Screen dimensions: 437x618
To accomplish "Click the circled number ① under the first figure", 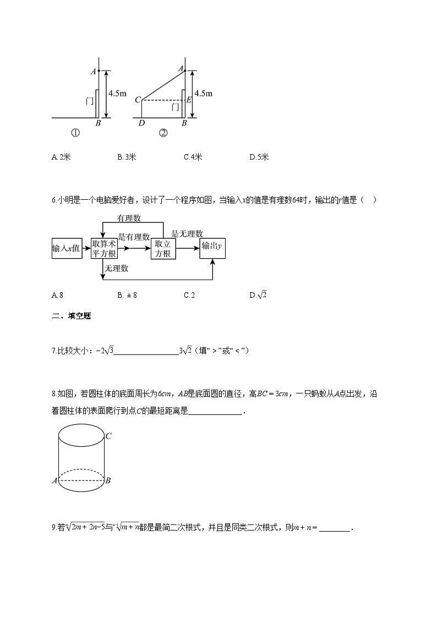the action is pos(75,133).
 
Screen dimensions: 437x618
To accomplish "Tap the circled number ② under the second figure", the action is pos(163,133).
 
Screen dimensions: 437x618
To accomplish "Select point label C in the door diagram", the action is pos(138,100).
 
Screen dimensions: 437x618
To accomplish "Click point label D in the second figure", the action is pos(141,123).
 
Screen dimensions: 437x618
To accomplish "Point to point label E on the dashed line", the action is pos(188,100).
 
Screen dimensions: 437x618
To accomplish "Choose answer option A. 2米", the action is pos(61,157).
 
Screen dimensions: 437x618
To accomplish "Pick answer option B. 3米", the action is pos(127,157).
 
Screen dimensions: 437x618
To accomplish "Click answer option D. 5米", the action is pos(259,157).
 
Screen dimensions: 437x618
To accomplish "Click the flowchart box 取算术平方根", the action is pos(104,248).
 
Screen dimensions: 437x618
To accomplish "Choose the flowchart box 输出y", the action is pos(213,248).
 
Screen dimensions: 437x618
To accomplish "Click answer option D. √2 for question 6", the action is pos(258,295).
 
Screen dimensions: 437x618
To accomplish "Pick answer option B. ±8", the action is pos(127,295).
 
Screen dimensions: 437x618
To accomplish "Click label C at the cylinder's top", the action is pos(109,436).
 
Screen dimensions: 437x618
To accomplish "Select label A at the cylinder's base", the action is pos(54,481).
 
